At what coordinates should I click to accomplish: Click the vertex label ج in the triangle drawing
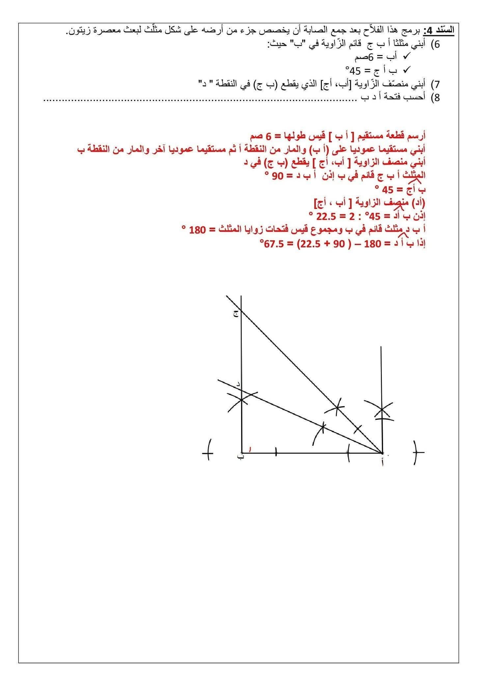click(236, 314)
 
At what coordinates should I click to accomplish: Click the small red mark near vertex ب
click(249, 449)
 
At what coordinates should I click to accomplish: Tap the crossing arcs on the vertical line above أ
click(382, 410)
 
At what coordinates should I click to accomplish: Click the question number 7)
click(435, 84)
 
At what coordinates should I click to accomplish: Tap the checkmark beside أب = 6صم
click(406, 57)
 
